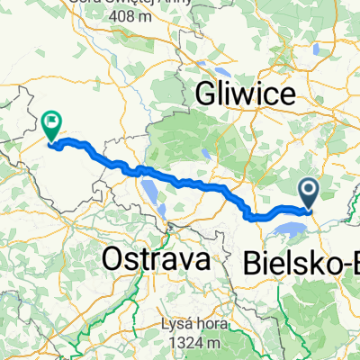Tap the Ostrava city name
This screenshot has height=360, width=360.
157,259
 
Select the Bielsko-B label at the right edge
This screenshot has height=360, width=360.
301,265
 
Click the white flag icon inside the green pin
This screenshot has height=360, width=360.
51,119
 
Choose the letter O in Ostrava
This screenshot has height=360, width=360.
114,259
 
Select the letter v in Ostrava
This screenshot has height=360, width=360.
184,261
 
